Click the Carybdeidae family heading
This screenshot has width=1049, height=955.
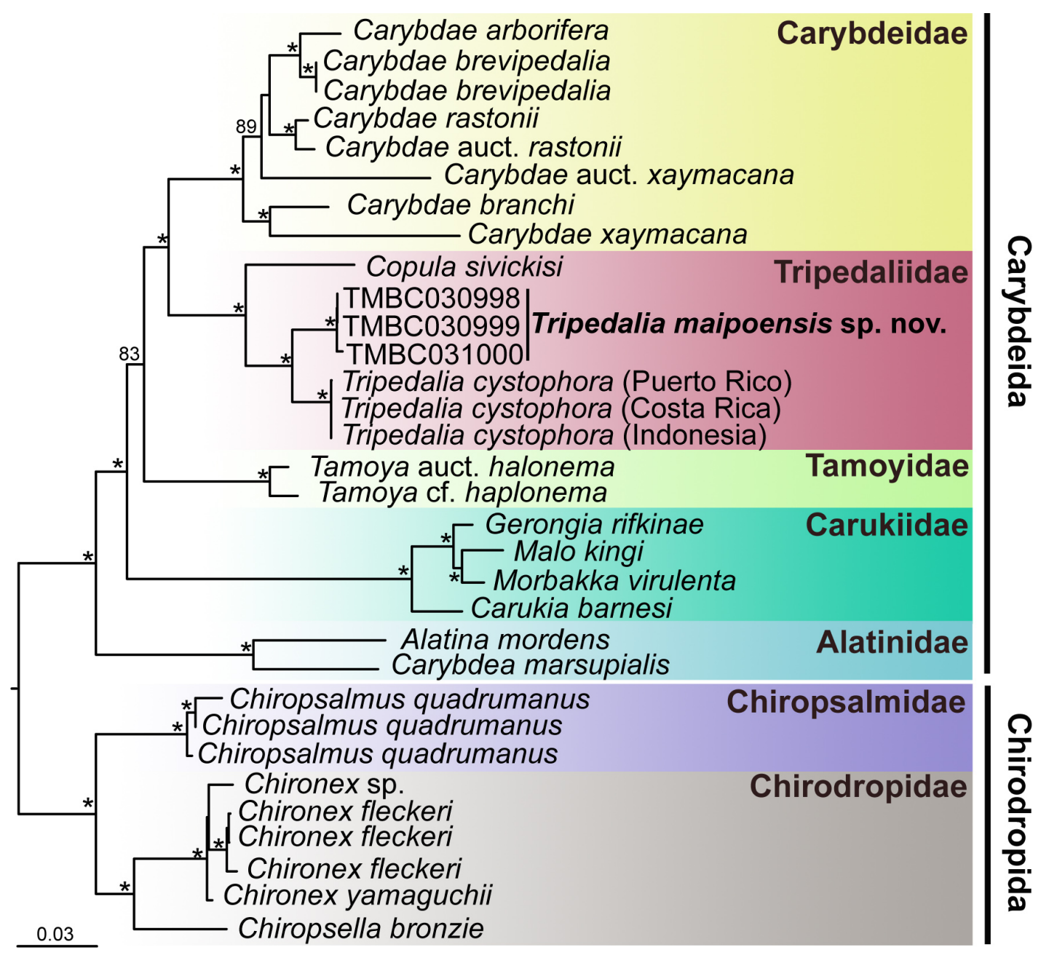[x=871, y=33]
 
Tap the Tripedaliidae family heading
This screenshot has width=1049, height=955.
[x=871, y=272]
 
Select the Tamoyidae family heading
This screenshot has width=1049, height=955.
[x=887, y=466]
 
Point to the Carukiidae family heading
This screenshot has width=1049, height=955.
[x=886, y=525]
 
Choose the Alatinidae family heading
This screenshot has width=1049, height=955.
[x=892, y=642]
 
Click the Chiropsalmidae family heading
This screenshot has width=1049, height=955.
[x=846, y=702]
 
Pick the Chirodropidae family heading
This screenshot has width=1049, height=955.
[x=858, y=786]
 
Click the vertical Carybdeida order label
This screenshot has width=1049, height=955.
[x=1018, y=320]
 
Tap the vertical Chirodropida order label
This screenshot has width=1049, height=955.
[x=1018, y=812]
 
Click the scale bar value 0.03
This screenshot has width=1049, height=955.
[x=55, y=934]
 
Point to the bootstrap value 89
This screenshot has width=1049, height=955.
[x=246, y=127]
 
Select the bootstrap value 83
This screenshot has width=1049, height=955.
[x=129, y=354]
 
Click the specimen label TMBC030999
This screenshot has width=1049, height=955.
[x=432, y=326]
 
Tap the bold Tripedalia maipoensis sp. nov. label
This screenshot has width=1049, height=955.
[x=739, y=324]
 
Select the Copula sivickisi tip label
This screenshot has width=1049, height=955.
[x=464, y=267]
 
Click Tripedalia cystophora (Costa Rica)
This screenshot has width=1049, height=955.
[x=561, y=408]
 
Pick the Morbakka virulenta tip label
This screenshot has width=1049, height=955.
[x=614, y=581]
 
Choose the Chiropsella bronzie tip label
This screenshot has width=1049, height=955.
[x=360, y=928]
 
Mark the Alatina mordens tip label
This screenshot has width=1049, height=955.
[x=505, y=640]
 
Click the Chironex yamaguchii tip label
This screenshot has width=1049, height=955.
[x=357, y=895]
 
